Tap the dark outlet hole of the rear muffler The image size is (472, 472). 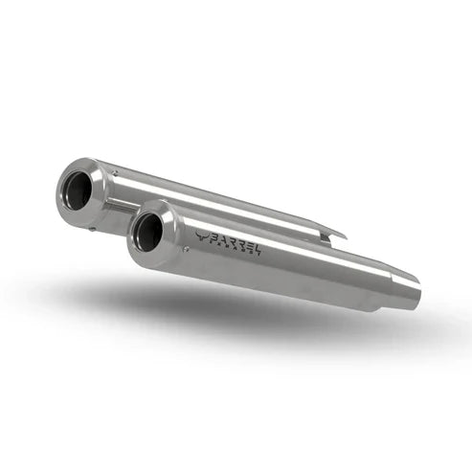pos(79,192)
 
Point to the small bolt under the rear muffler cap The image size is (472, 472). pos(94,228)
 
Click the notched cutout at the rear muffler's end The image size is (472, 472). pos(330,234)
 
